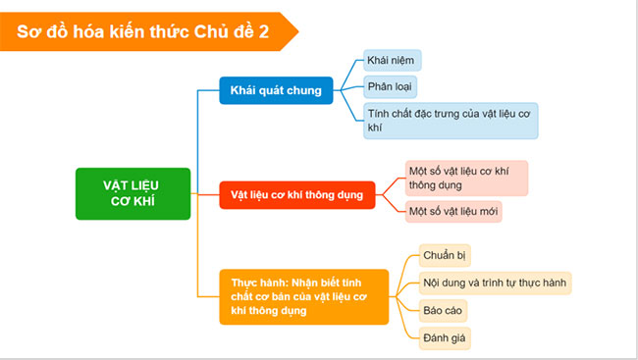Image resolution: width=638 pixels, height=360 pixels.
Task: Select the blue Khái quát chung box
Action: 276,91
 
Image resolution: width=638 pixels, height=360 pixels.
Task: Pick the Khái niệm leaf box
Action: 392,61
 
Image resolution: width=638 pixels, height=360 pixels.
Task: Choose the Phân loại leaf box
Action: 391,86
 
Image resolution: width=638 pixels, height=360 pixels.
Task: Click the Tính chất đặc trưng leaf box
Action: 450,121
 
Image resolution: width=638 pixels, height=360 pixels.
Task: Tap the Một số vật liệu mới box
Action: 453,212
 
